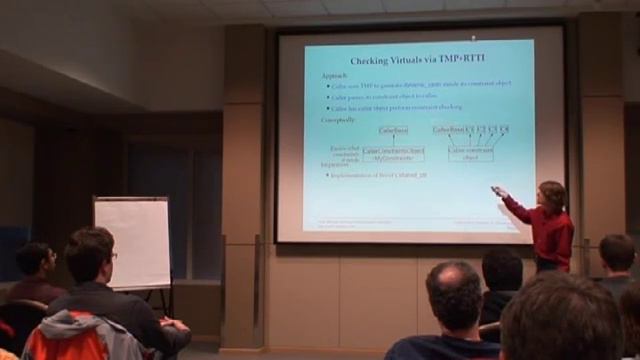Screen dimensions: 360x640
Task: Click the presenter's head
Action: click(x=551, y=196)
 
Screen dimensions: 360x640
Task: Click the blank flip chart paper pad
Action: click(x=132, y=241)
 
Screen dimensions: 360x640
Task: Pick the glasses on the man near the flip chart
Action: click(x=111, y=256)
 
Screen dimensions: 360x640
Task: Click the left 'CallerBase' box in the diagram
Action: click(x=393, y=130)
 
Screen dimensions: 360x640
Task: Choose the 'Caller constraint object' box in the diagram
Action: click(x=470, y=154)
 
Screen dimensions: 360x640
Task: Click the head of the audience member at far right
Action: click(x=617, y=254)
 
